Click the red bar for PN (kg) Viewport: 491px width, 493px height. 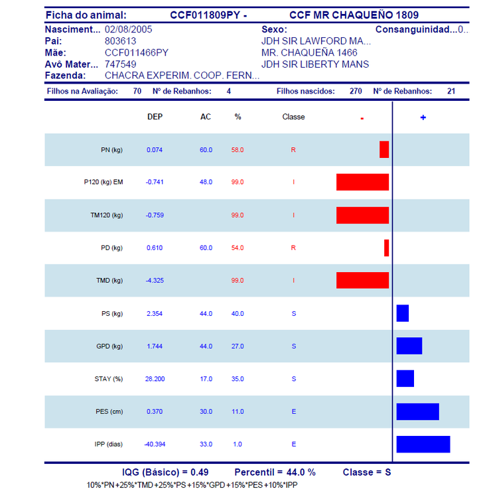(x=384, y=149)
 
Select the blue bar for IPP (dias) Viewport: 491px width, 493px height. (x=423, y=445)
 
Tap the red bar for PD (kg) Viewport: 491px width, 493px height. (x=387, y=247)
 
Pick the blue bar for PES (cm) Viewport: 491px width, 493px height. (x=418, y=411)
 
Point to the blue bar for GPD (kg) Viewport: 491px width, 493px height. (x=409, y=346)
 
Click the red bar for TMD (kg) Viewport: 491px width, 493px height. (x=362, y=280)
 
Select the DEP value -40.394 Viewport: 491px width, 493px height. (x=155, y=445)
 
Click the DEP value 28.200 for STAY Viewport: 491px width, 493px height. (x=155, y=379)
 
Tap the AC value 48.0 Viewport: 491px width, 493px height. (x=206, y=182)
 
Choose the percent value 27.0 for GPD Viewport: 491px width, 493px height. (x=238, y=346)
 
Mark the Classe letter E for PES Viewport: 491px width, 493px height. (x=293, y=411)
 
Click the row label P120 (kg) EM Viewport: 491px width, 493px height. (x=104, y=182)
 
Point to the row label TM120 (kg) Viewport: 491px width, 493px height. (x=107, y=216)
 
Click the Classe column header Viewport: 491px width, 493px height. (x=293, y=117)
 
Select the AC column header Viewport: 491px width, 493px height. (x=206, y=117)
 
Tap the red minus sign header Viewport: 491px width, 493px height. (x=362, y=119)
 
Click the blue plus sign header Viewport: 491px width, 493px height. (x=423, y=117)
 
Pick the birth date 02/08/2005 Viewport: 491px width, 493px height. (x=128, y=30)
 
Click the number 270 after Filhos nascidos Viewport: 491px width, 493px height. (x=356, y=91)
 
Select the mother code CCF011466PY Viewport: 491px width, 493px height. (x=137, y=52)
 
